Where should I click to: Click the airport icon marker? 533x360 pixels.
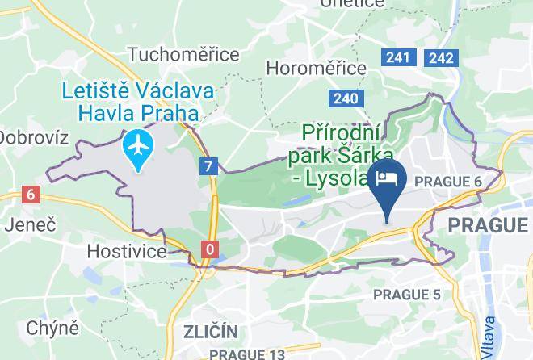pyautogui.click(x=140, y=148)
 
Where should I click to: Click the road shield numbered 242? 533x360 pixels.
pyautogui.click(x=442, y=57)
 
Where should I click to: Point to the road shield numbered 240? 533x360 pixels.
pyautogui.click(x=344, y=98)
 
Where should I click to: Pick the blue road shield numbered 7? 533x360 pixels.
pyautogui.click(x=210, y=167)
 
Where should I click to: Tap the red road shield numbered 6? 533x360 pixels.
pyautogui.click(x=31, y=195)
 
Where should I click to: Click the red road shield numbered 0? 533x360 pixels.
pyautogui.click(x=210, y=249)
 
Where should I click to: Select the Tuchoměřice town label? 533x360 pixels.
pyautogui.click(x=183, y=54)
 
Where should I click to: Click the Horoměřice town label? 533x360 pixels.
pyautogui.click(x=316, y=68)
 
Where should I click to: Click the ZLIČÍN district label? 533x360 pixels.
pyautogui.click(x=211, y=332)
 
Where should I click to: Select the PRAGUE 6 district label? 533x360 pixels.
pyautogui.click(x=448, y=182)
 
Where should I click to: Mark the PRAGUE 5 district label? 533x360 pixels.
pyautogui.click(x=407, y=295)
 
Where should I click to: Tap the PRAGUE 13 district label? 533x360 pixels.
pyautogui.click(x=247, y=354)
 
